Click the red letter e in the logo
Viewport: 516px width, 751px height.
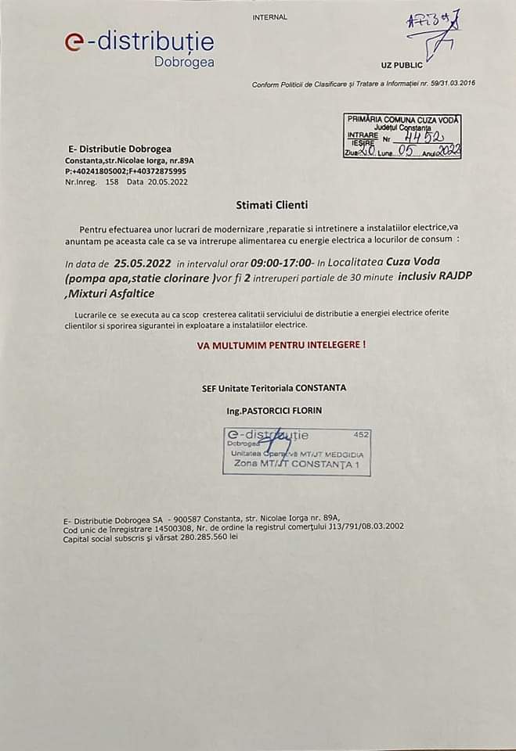click(x=75, y=44)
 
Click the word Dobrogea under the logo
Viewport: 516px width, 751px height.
click(x=184, y=62)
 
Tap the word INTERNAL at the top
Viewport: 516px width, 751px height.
click(x=270, y=16)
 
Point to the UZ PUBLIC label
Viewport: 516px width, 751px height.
click(x=401, y=65)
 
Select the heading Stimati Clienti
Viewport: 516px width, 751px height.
click(x=272, y=205)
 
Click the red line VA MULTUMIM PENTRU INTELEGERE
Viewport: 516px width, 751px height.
click(x=281, y=343)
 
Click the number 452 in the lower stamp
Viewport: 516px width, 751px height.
click(x=361, y=434)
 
